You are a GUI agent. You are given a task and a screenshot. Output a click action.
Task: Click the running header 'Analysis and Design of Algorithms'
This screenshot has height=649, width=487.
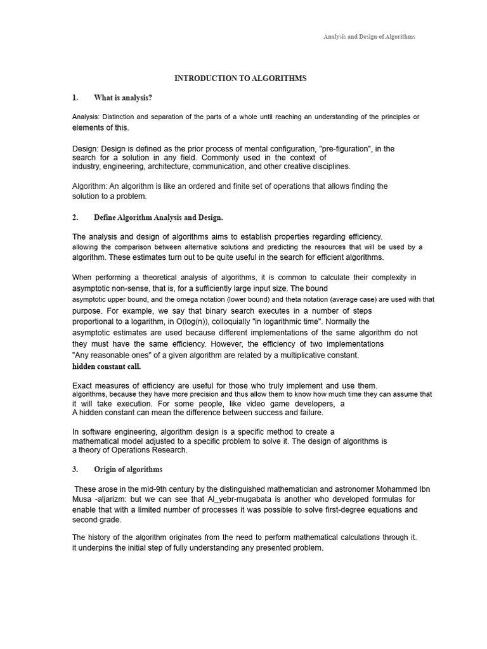[369, 37]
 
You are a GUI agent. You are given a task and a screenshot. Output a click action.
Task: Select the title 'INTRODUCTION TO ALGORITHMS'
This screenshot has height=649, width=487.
[240, 78]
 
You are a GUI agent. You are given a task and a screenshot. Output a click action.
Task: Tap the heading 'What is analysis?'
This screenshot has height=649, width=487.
[123, 98]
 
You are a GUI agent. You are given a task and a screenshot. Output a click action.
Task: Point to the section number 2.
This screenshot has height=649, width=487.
[75, 217]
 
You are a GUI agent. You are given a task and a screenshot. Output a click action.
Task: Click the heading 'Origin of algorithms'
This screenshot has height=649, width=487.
[128, 470]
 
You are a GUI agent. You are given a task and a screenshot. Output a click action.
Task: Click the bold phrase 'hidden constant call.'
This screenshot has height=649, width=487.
[107, 366]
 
